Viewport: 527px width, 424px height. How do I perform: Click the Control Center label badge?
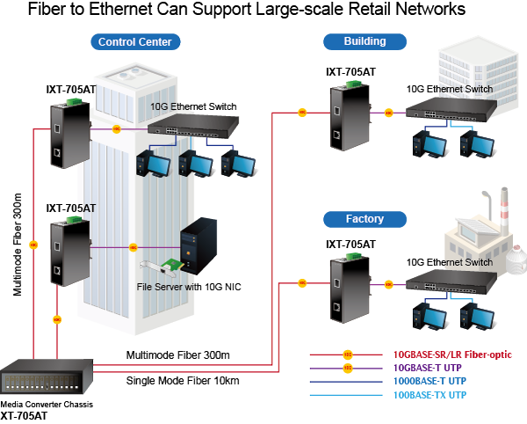135,42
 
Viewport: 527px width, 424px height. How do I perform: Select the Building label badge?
365,40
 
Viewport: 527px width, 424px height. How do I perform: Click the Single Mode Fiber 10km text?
184,381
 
